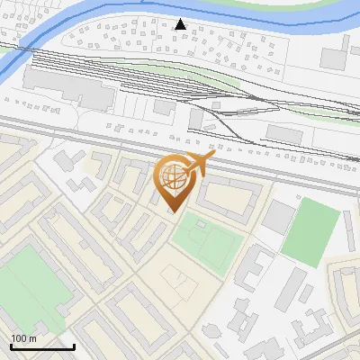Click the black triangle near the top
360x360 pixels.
(181, 24)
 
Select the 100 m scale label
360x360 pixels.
(23, 338)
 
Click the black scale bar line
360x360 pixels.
(42, 346)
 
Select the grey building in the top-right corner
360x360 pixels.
(333, 57)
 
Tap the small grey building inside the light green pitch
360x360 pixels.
(201, 224)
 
